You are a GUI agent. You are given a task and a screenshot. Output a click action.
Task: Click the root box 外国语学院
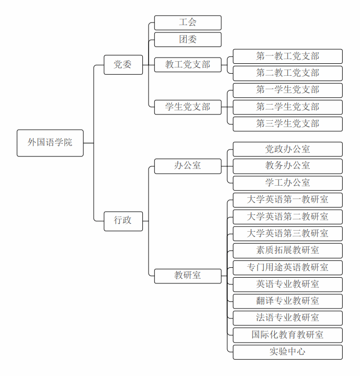(x=50, y=143)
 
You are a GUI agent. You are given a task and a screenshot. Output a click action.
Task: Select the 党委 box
(x=123, y=65)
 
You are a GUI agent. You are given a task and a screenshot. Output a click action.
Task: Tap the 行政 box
(x=123, y=220)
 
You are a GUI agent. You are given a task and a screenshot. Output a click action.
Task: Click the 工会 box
(x=188, y=22)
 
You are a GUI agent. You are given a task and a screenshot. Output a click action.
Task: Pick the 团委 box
(x=188, y=40)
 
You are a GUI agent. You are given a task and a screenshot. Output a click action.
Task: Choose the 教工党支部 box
(x=188, y=65)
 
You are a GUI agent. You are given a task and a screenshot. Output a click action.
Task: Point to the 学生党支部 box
(x=188, y=107)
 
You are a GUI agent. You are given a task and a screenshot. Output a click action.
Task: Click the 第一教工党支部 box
(x=287, y=56)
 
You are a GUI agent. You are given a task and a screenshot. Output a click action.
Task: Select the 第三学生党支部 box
(x=287, y=124)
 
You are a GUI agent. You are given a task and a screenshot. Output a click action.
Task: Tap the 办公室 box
(x=188, y=166)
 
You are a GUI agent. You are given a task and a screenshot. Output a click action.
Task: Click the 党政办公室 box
(x=287, y=149)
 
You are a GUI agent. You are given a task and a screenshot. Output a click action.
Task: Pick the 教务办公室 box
(x=287, y=166)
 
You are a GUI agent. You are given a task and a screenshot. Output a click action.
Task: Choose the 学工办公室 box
(x=287, y=183)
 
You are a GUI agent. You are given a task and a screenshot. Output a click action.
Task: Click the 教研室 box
(x=188, y=276)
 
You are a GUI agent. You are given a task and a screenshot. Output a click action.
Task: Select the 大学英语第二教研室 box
(x=287, y=217)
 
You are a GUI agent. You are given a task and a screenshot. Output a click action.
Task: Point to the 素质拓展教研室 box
(x=287, y=250)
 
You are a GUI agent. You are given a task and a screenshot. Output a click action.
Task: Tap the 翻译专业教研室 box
(x=287, y=301)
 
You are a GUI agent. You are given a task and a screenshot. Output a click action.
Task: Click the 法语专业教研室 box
(x=287, y=318)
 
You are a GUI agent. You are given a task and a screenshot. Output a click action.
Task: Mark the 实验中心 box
(x=287, y=352)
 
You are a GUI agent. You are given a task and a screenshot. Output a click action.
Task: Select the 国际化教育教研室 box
(x=287, y=335)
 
